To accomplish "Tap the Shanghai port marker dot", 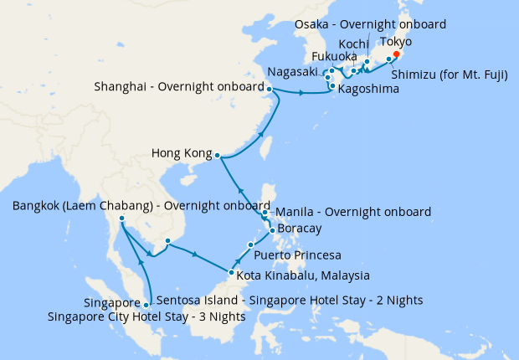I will click(270, 89).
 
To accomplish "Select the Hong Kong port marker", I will click(217, 155).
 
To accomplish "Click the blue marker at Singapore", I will click(147, 305).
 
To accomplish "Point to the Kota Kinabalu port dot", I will click(230, 273).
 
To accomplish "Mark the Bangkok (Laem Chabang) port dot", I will click(122, 219).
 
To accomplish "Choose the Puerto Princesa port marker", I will click(250, 244).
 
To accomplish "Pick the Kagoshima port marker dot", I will click(333, 86).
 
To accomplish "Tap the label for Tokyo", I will click(397, 42).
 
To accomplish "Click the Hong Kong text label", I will click(179, 153).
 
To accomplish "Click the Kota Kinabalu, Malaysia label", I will click(303, 275).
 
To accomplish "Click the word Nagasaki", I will click(294, 72).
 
